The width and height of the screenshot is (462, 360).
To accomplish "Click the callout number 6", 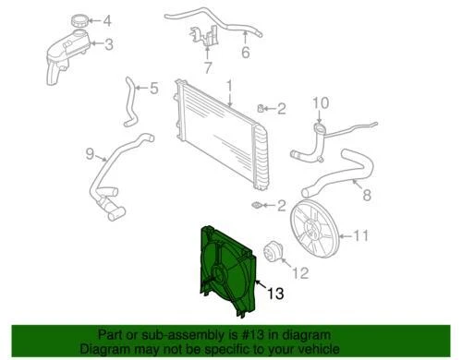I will pos(246,54).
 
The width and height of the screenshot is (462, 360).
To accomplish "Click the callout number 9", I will pos(90,152).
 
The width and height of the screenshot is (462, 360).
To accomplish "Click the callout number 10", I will pos(319,102).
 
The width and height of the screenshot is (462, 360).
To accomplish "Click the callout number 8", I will pos(366,196).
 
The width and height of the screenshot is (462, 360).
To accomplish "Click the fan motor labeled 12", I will pos(272,249).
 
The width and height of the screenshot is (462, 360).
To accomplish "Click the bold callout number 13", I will pos(276,295).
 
